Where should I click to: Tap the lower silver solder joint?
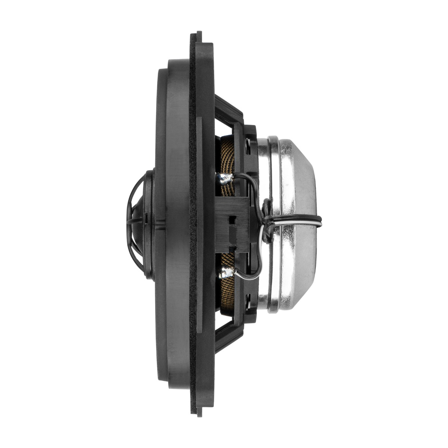[x=226, y=272]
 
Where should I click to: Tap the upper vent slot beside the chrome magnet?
[x=248, y=147]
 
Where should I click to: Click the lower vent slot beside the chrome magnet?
[x=248, y=301]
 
